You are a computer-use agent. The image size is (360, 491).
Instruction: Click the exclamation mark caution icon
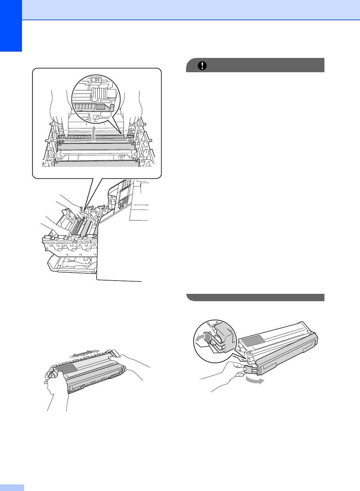[202, 66]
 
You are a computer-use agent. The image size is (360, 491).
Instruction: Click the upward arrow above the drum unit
[94, 134]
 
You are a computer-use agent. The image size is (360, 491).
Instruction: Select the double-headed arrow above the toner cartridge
[84, 354]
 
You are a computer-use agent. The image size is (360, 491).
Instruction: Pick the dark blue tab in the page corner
[11, 26]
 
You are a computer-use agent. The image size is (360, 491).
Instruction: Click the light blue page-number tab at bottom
[12, 487]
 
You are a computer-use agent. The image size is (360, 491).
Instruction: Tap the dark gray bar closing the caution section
[255, 297]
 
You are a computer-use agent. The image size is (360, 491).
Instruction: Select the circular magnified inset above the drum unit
[95, 97]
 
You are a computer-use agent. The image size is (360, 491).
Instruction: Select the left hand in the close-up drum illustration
[60, 112]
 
